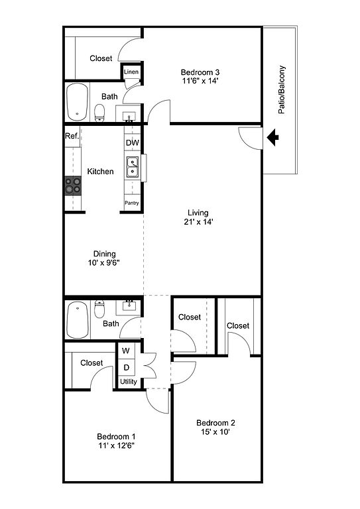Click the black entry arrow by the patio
click(x=272, y=137)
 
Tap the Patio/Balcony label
click(x=282, y=89)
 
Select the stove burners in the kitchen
click(x=73, y=186)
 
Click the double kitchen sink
click(x=133, y=167)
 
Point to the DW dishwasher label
click(x=133, y=143)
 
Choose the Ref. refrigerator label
click(x=72, y=136)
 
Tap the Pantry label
click(x=132, y=203)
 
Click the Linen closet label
click(x=131, y=72)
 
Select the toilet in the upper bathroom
click(x=99, y=113)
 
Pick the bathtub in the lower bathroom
click(x=78, y=320)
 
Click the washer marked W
click(x=126, y=351)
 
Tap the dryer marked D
click(x=127, y=367)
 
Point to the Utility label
click(x=129, y=382)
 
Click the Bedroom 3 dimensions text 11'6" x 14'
click(x=200, y=81)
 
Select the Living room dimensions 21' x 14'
click(x=198, y=222)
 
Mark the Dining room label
click(x=105, y=254)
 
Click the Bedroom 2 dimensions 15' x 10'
click(x=215, y=431)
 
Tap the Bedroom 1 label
click(x=116, y=437)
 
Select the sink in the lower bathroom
click(x=129, y=306)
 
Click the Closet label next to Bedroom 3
click(x=101, y=58)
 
